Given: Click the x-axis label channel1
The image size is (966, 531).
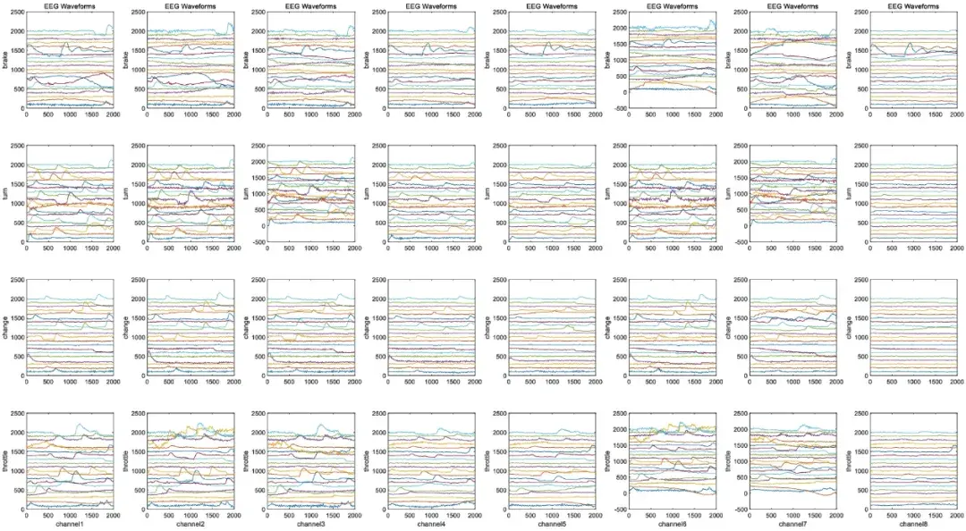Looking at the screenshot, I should pyautogui.click(x=70, y=523).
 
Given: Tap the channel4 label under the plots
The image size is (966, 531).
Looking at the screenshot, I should pyautogui.click(x=432, y=523).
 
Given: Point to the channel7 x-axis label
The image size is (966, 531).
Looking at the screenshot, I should pyautogui.click(x=794, y=523).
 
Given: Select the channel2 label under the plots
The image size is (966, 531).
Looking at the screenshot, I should pyautogui.click(x=191, y=523).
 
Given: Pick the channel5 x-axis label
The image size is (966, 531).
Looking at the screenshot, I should pyautogui.click(x=553, y=523).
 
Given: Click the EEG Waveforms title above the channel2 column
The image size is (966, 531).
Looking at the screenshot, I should pyautogui.click(x=191, y=5).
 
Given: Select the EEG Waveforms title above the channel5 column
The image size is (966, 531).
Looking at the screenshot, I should pyautogui.click(x=553, y=5).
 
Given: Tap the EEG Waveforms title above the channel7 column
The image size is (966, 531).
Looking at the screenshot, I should pyautogui.click(x=794, y=5).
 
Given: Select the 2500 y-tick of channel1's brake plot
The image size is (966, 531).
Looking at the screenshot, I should pyautogui.click(x=15, y=13).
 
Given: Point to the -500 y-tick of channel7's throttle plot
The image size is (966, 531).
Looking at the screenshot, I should pyautogui.click(x=738, y=510).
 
